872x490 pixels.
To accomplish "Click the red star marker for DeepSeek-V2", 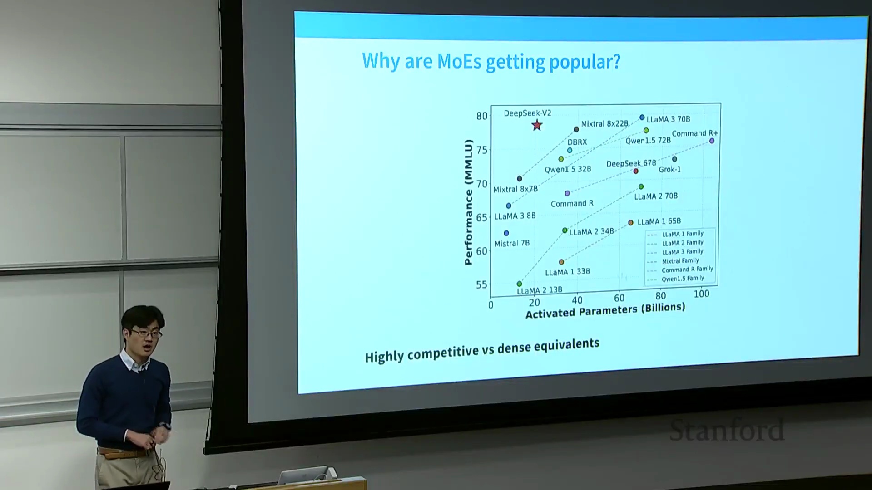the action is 537,125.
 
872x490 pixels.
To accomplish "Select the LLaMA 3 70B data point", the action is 642,118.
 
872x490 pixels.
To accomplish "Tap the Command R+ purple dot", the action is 712,141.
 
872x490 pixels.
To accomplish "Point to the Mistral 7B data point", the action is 506,233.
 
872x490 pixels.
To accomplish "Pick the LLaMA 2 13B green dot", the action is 519,284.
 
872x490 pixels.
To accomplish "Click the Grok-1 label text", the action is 669,169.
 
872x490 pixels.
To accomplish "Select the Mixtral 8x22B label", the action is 604,124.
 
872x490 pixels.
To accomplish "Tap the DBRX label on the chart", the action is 577,142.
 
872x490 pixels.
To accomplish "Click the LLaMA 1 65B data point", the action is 631,223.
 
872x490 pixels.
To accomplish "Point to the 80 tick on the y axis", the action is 481,116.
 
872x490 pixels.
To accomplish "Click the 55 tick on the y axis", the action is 481,285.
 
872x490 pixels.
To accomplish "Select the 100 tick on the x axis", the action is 701,294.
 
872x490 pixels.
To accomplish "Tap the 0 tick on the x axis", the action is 490,305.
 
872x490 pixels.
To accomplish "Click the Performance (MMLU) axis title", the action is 468,202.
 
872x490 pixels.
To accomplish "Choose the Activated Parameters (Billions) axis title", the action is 605,311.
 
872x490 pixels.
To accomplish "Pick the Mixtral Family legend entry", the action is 680,261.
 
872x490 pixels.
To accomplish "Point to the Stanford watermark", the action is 727,431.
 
